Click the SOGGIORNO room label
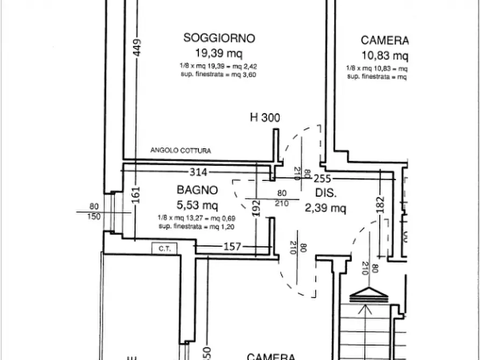(x=219, y=38)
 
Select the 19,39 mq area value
(x=219, y=53)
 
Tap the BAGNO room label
(x=197, y=190)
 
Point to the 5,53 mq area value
(x=197, y=204)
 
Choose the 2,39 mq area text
(x=325, y=208)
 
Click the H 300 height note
(x=265, y=118)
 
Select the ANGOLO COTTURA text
(x=181, y=151)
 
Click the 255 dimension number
(x=323, y=179)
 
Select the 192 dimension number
(x=256, y=208)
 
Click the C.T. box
(x=161, y=248)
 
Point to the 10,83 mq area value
(x=385, y=55)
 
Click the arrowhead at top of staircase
(x=368, y=293)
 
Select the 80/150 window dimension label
(x=94, y=211)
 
